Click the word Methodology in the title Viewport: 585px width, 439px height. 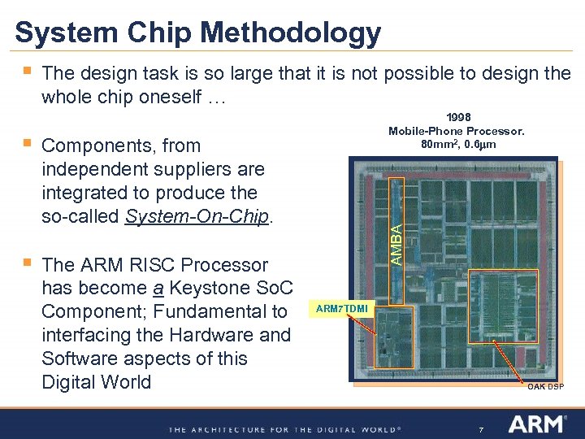[x=291, y=33]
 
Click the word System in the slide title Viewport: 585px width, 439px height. [x=64, y=33]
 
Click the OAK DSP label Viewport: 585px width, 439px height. [x=544, y=386]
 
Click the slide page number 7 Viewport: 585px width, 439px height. [x=482, y=428]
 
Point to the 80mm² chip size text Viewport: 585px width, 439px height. [x=435, y=145]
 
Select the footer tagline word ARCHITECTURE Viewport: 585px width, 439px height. [x=225, y=428]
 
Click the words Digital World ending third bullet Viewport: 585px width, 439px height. [x=96, y=382]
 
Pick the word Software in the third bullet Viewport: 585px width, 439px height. [x=76, y=359]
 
